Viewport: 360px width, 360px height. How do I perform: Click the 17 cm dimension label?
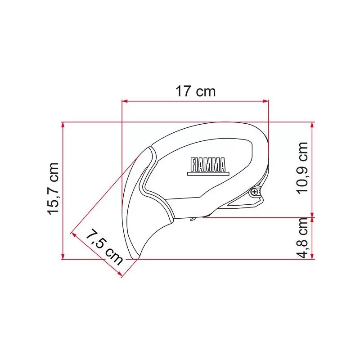click(195, 91)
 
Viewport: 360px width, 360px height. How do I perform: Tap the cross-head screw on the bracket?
click(255, 192)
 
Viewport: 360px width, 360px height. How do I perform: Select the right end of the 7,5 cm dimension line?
click(122, 275)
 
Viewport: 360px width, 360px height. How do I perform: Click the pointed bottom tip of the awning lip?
click(135, 258)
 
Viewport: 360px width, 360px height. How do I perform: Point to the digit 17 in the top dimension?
click(183, 91)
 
